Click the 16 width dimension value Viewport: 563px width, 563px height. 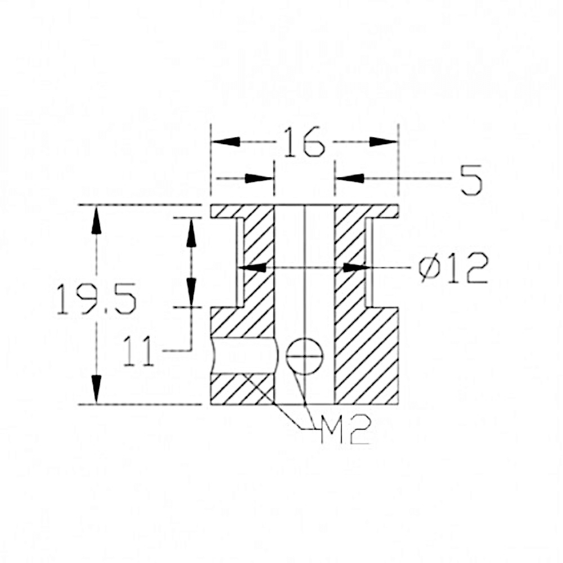pyautogui.click(x=303, y=142)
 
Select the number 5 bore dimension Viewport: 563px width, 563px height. pyautogui.click(x=471, y=180)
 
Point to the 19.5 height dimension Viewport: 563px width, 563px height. pyautogui.click(x=96, y=299)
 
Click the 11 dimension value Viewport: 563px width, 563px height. pyautogui.click(x=138, y=351)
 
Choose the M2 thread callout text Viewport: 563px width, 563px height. pyautogui.click(x=345, y=431)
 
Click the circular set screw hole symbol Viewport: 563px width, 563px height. pyautogui.click(x=305, y=356)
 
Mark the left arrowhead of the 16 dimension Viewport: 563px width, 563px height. pyautogui.click(x=225, y=141)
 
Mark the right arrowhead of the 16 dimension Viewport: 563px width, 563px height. pyautogui.click(x=384, y=141)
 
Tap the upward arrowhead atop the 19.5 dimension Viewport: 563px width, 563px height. pyautogui.click(x=96, y=220)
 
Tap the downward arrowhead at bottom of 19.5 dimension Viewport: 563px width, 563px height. pyautogui.click(x=96, y=389)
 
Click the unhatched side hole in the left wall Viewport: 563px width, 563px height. pyautogui.click(x=244, y=356)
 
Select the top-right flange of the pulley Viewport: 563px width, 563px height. pyautogui.click(x=383, y=211)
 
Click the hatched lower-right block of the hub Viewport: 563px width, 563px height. pyautogui.click(x=366, y=355)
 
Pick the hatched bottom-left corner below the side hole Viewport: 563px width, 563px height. pyautogui.click(x=236, y=389)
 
